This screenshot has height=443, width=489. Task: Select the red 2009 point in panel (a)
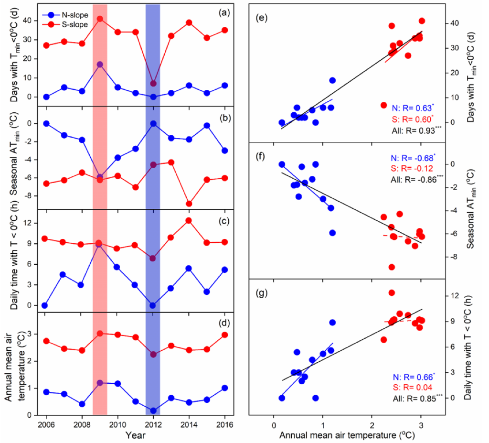click(x=100, y=19)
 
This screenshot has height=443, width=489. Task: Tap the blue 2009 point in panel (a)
click(x=100, y=65)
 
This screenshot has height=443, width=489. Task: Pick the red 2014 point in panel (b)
click(x=189, y=204)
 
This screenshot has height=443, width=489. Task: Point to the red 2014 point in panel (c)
click(x=189, y=220)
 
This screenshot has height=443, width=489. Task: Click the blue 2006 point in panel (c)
click(x=46, y=305)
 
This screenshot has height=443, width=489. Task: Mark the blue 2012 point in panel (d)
click(x=153, y=411)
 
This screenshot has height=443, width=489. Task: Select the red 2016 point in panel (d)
click(x=224, y=335)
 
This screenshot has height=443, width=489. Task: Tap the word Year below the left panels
click(x=135, y=435)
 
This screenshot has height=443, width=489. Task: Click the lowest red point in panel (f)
click(x=392, y=267)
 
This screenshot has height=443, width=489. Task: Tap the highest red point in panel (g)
click(x=392, y=292)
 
